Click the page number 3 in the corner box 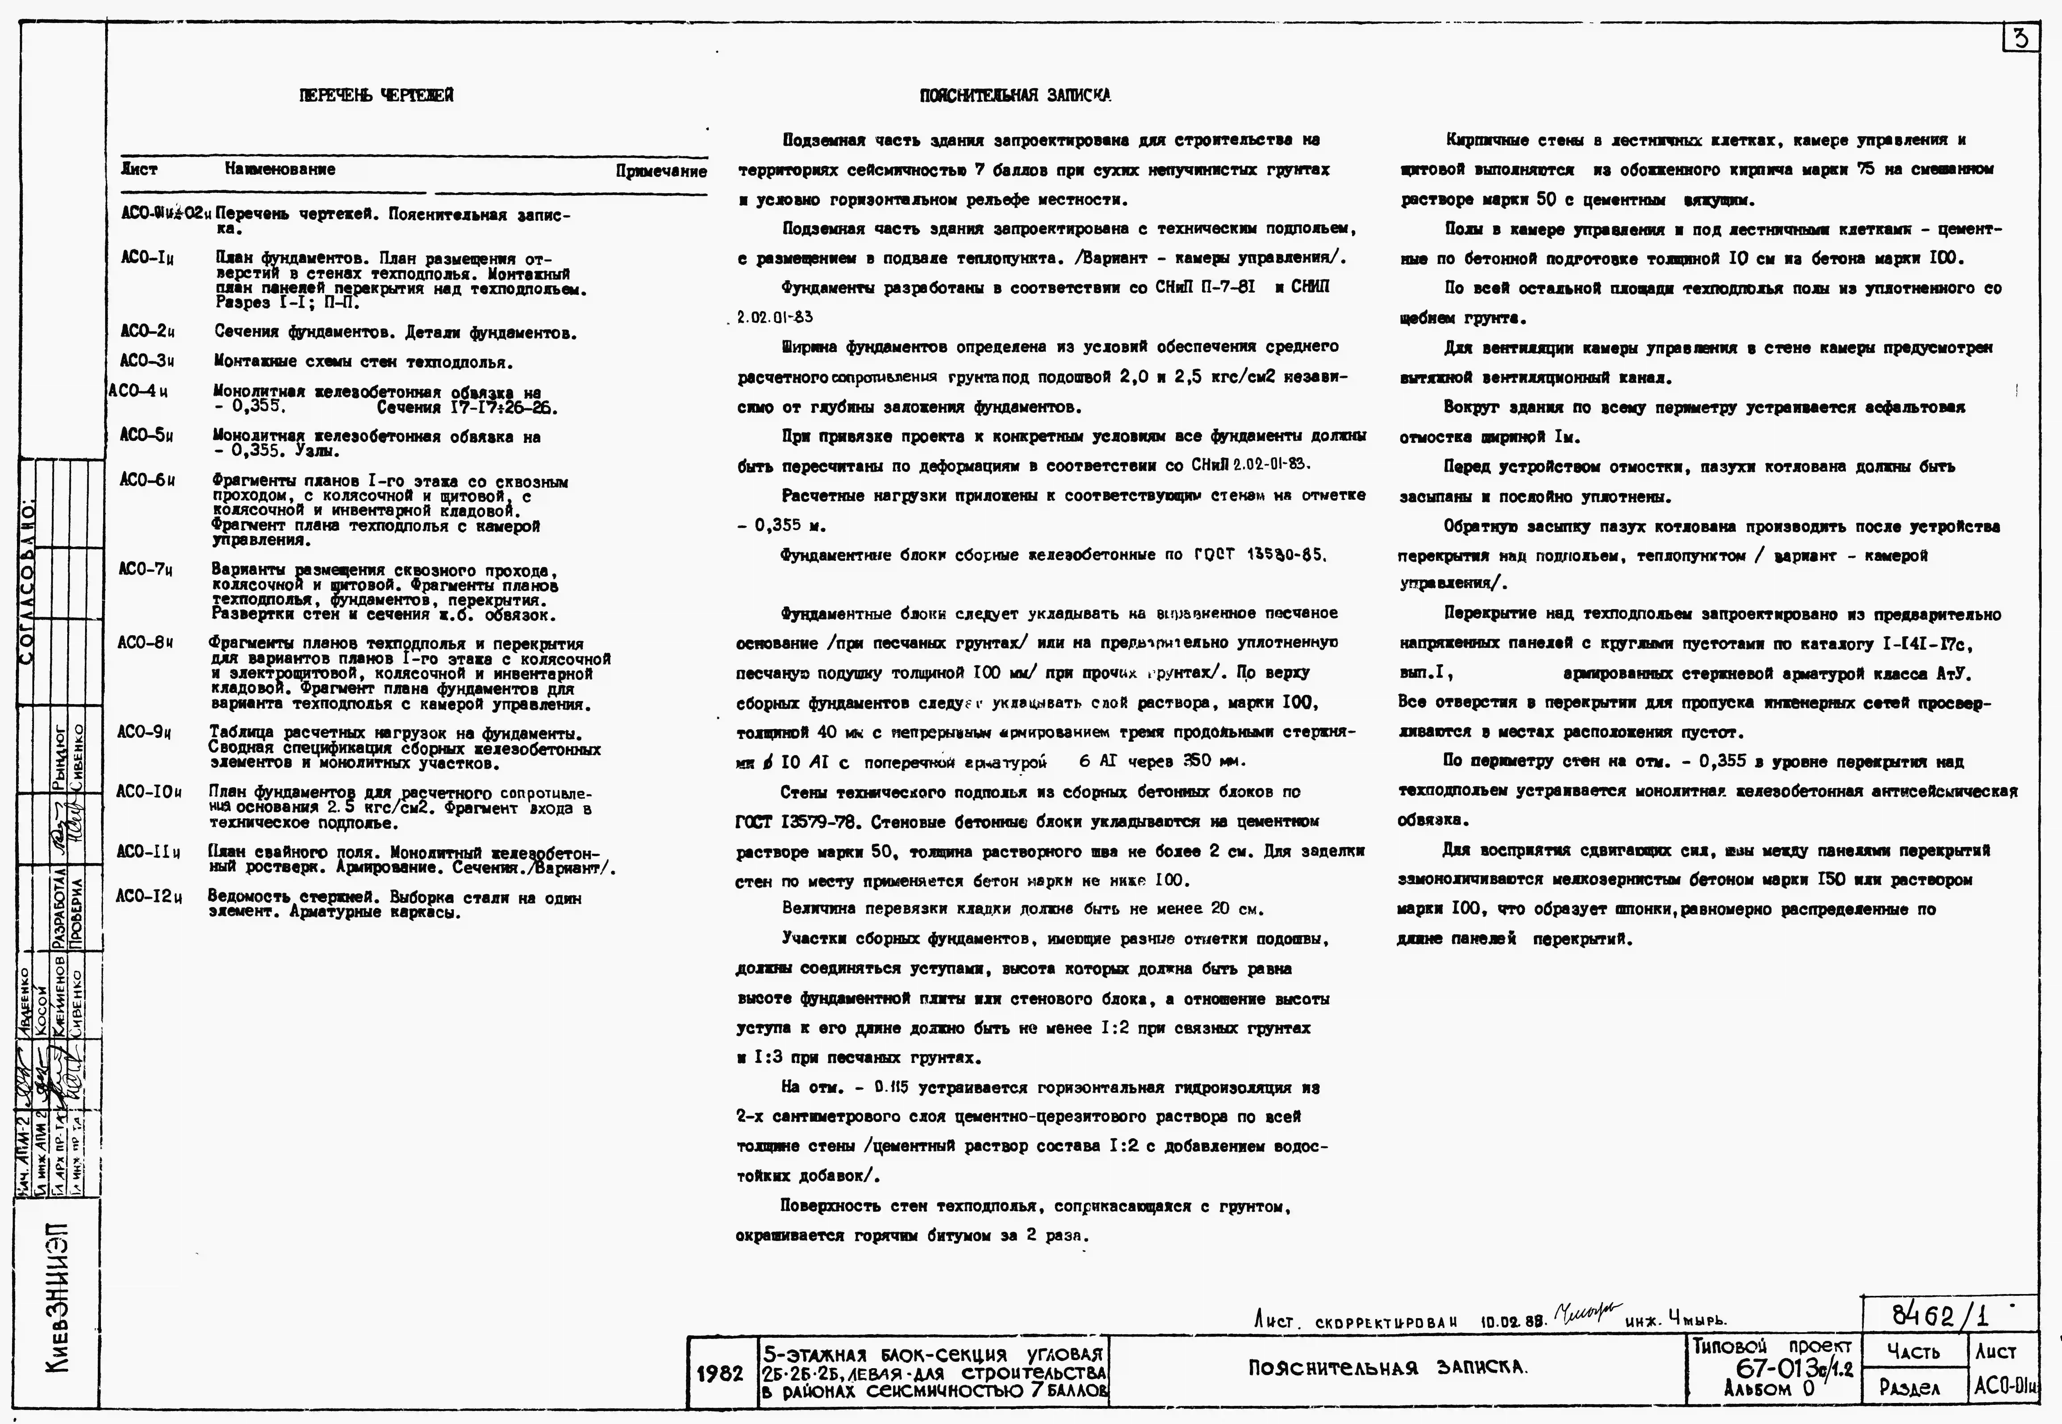(2021, 39)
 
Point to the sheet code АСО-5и (146, 435)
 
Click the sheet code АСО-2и (147, 332)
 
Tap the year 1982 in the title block (719, 1373)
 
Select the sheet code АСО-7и (144, 569)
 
